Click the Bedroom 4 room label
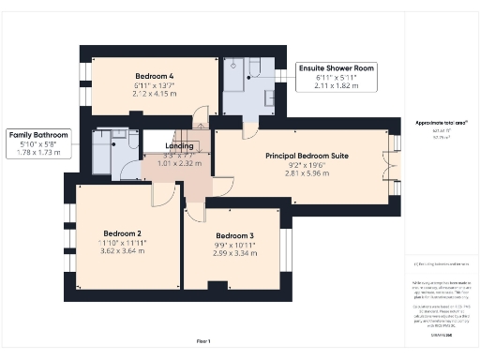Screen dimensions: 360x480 tap(154, 75)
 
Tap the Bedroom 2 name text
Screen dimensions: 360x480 tap(125, 232)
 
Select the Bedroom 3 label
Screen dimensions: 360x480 tap(234, 235)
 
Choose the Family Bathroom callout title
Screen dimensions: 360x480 tap(39, 135)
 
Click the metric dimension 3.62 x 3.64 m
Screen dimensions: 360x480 tap(125, 252)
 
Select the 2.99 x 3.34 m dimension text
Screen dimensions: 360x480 tap(234, 253)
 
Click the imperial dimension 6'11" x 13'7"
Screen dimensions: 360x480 tap(154, 85)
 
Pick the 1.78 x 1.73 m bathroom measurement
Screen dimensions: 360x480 tap(39, 153)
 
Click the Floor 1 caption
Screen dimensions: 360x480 tap(203, 340)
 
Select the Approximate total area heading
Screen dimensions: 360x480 tap(441, 123)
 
